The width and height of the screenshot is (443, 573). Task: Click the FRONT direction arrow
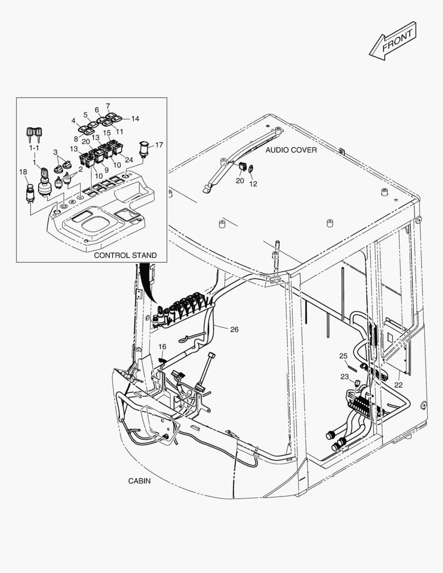(393, 41)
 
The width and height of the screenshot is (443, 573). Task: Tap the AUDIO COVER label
(291, 150)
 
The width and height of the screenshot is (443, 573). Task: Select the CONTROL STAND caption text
(125, 255)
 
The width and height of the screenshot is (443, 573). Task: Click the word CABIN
(140, 481)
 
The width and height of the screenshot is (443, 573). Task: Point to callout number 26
(234, 329)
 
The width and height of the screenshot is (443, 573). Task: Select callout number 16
(162, 346)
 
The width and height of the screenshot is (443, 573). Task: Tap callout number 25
(343, 355)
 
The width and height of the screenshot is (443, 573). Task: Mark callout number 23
(345, 377)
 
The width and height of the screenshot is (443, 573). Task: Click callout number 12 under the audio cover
(253, 184)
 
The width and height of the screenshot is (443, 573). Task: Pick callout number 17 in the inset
(159, 144)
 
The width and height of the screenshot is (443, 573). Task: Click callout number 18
(23, 171)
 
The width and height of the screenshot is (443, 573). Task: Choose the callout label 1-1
(34, 149)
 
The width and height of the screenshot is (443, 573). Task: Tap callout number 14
(135, 119)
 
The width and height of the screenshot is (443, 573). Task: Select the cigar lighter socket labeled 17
(143, 149)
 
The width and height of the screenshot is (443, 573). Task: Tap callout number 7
(108, 106)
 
